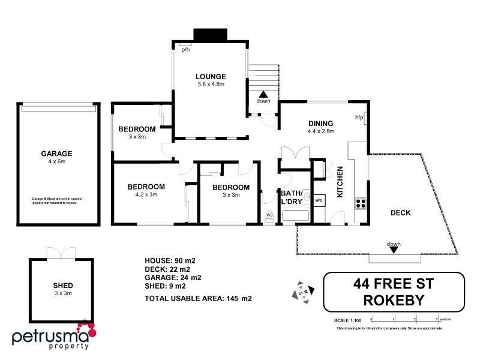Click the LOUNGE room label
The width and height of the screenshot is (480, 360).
[210, 76]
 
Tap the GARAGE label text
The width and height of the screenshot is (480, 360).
[56, 153]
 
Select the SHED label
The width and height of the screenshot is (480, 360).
[63, 286]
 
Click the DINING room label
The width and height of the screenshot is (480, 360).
[320, 124]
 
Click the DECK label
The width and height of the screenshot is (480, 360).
[400, 212]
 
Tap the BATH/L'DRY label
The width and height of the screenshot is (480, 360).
[292, 197]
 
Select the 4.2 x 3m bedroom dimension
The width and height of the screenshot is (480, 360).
[146, 194]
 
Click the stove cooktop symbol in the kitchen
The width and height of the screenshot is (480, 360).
[361, 202]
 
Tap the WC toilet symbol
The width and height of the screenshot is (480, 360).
[269, 215]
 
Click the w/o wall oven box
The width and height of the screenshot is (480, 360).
[319, 200]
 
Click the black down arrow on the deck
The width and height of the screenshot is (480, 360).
[394, 250]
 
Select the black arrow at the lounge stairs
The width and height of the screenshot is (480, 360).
[263, 94]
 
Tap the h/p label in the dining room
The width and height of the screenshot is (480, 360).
[359, 117]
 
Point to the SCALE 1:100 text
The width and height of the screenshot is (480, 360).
[348, 320]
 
